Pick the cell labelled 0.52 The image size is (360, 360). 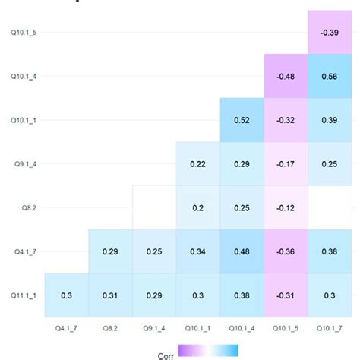coord(242,120)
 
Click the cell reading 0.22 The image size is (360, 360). coord(197,163)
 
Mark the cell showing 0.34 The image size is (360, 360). coord(197,251)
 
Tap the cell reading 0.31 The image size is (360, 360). coord(110,295)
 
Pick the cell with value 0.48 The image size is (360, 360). coord(242,251)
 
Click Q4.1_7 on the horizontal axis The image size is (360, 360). coord(66,328)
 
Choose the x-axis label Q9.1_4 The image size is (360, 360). coord(154,328)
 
